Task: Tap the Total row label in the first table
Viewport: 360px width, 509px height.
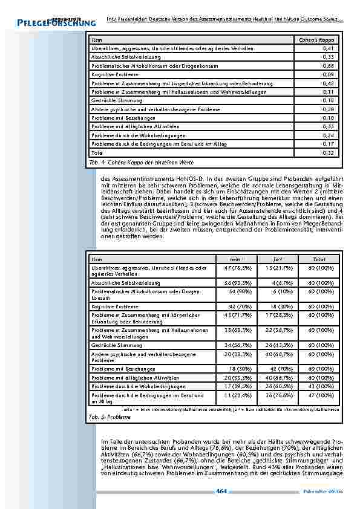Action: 97,153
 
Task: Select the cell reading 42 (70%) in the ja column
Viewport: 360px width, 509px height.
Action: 275,368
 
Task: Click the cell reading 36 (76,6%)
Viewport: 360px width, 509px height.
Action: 275,395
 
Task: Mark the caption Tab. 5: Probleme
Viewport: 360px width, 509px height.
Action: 106,417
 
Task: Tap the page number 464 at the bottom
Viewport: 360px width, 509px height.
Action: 220,493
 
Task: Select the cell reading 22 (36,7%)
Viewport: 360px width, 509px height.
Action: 275,330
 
